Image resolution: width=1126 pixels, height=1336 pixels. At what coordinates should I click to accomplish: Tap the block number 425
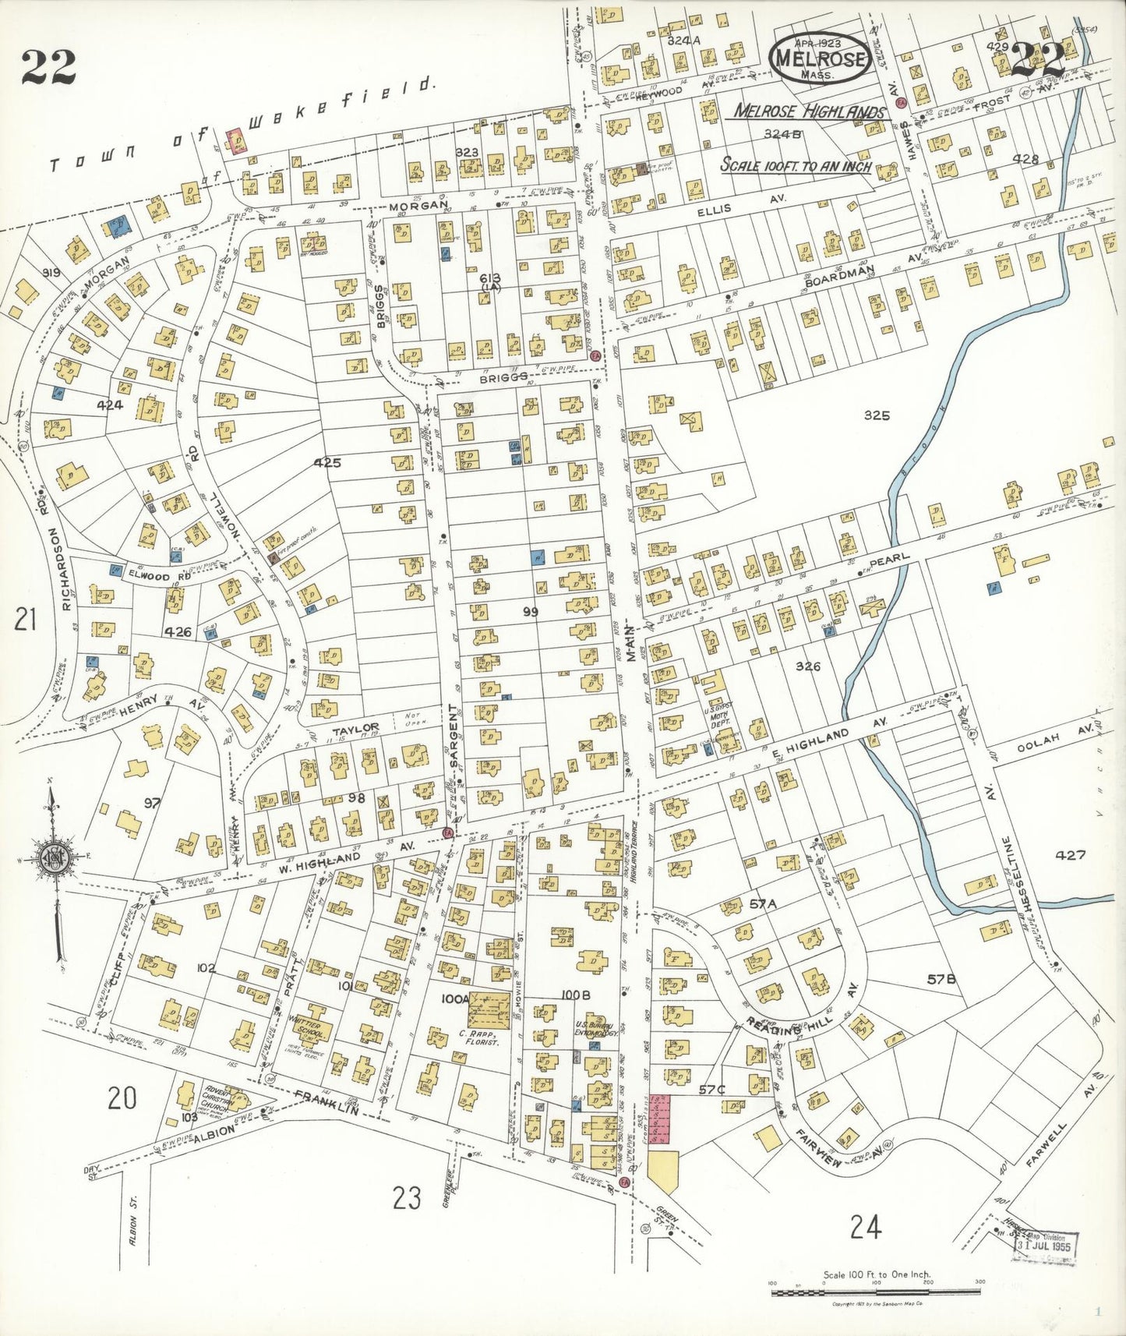pyautogui.click(x=327, y=462)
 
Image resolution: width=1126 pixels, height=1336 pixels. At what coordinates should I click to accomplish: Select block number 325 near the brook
pyautogui.click(x=877, y=415)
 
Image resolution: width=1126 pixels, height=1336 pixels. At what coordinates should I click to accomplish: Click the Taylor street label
pyautogui.click(x=355, y=730)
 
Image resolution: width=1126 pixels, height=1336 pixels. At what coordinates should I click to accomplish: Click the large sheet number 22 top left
pyautogui.click(x=48, y=66)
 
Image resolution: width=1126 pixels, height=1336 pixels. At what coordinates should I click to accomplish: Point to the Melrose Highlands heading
pyautogui.click(x=810, y=111)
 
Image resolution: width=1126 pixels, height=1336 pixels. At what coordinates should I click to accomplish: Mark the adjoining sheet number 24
pyautogui.click(x=866, y=1228)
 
